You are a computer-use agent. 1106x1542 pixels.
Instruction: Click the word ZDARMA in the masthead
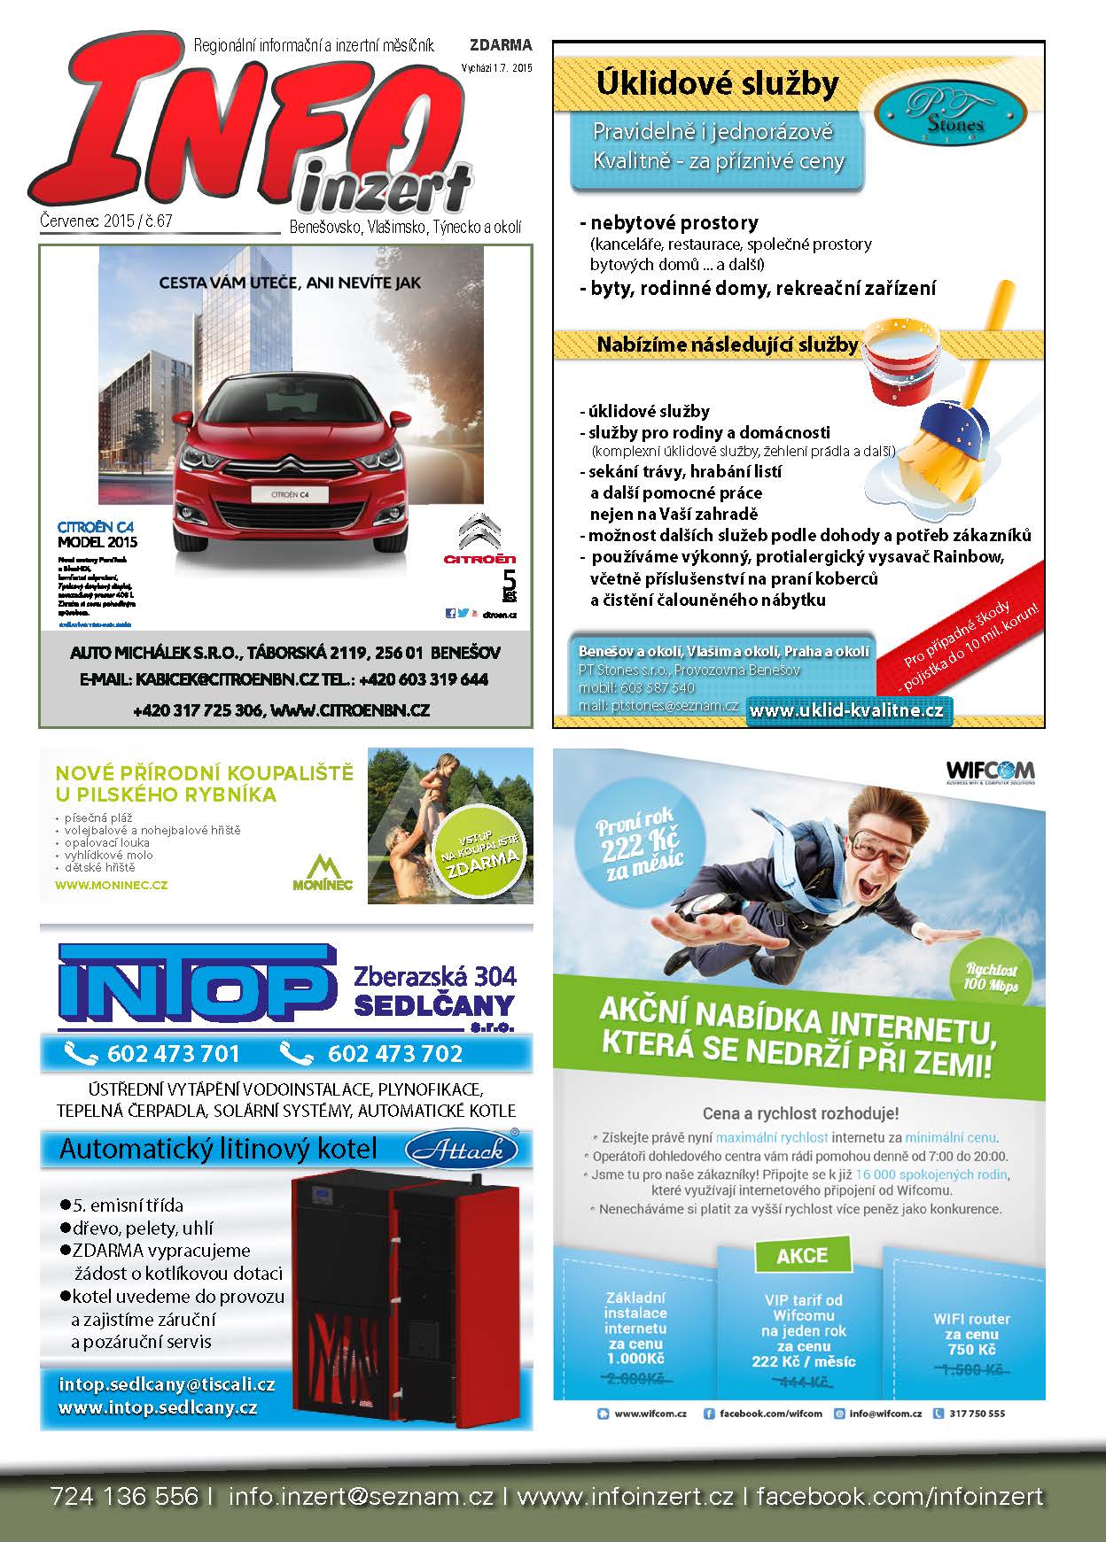[x=501, y=45]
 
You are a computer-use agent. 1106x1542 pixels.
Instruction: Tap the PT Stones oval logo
[x=951, y=112]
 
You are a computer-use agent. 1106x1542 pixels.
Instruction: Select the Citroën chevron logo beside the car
[x=479, y=531]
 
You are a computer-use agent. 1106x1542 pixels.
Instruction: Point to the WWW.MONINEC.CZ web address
[x=111, y=884]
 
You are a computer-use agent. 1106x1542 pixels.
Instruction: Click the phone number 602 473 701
[x=173, y=1053]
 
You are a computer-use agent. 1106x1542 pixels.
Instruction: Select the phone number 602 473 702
[x=394, y=1053]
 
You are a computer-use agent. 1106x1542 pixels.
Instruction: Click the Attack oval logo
[x=461, y=1150]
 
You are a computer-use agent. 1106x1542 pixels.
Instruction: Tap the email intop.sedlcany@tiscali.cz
[x=167, y=1384]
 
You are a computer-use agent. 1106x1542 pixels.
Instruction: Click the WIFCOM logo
[x=990, y=770]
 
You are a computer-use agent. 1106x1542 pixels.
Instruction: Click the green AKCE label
[x=801, y=1255]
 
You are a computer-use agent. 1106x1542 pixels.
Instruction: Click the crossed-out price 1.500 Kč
[x=971, y=1369]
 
